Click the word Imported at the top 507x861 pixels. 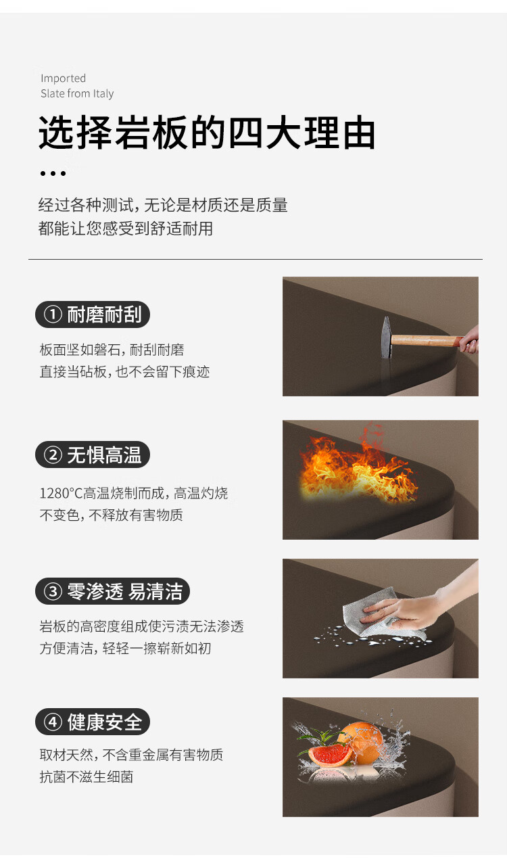tap(64, 78)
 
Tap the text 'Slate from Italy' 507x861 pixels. tap(77, 93)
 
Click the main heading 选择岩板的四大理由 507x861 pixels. tap(207, 132)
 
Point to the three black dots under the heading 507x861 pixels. tap(53, 173)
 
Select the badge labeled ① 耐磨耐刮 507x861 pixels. tap(93, 315)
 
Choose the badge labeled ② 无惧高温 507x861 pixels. tap(93, 455)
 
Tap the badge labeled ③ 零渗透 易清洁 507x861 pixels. tap(112, 591)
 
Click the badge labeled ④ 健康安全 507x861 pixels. tap(93, 722)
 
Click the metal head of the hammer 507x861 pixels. tap(387, 337)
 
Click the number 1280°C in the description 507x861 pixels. tap(62, 493)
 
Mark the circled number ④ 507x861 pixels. tap(53, 722)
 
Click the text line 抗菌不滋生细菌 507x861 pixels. tap(87, 777)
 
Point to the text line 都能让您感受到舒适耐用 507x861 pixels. tap(126, 229)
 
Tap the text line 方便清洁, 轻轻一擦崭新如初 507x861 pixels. tap(125, 648)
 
